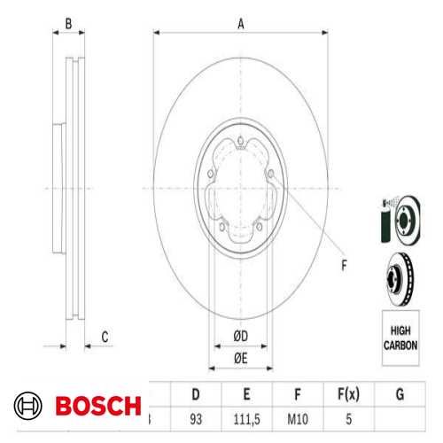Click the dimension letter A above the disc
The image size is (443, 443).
pos(240,25)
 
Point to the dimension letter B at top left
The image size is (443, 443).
pos(69,25)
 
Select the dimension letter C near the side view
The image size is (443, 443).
pos(105,336)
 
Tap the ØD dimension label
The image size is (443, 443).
pos(240,335)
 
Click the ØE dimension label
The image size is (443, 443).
pos(240,357)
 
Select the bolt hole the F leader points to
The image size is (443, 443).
pos(272,183)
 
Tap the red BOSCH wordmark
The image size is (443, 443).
pos(97,407)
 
